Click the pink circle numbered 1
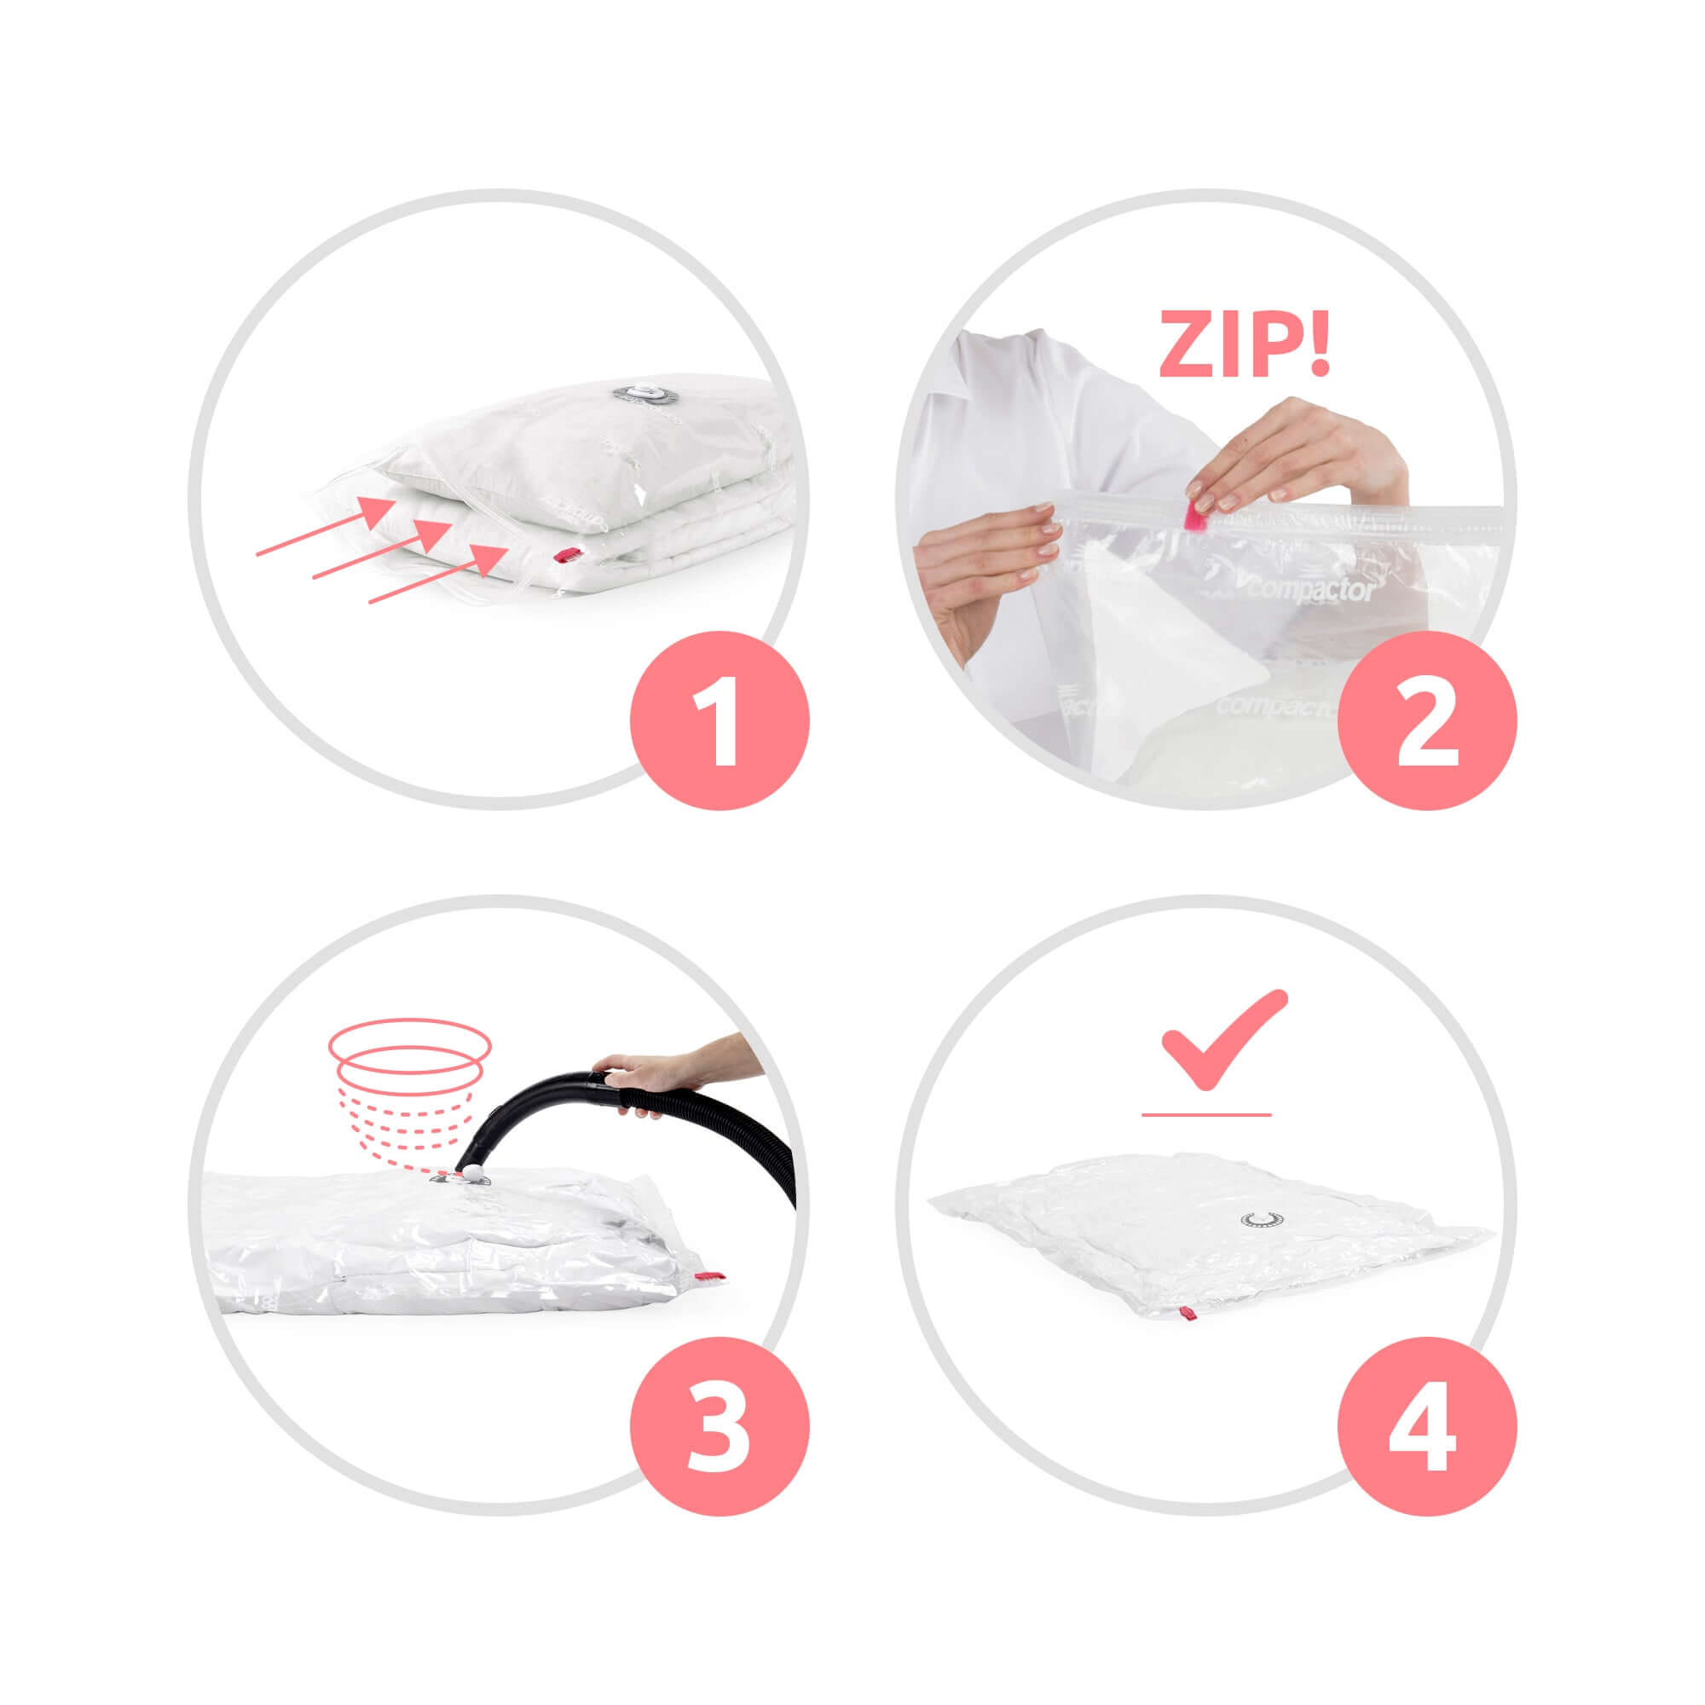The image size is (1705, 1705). pyautogui.click(x=719, y=720)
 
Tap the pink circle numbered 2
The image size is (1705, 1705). pyautogui.click(x=1427, y=720)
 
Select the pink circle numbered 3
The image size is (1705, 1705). pyautogui.click(x=719, y=1427)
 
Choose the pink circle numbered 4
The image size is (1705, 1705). pyautogui.click(x=1427, y=1427)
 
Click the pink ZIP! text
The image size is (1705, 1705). pyautogui.click(x=1244, y=344)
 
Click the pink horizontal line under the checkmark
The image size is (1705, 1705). pyautogui.click(x=1205, y=1115)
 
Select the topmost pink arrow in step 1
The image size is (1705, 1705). pyautogui.click(x=327, y=526)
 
